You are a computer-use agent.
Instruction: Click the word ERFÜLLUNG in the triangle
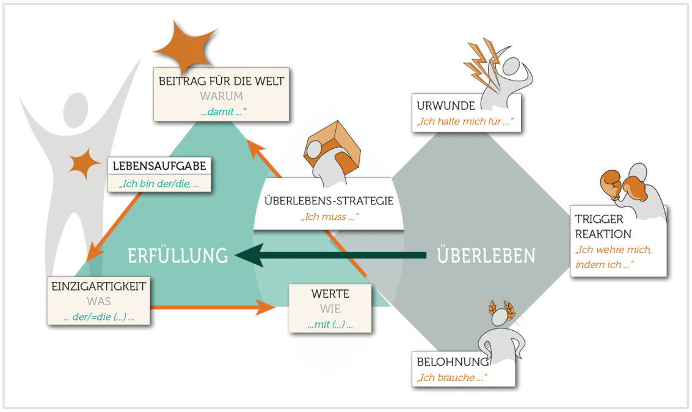click(x=177, y=255)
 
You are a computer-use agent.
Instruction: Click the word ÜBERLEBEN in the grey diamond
click(x=486, y=255)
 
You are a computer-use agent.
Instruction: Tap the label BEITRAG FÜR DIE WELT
click(x=221, y=81)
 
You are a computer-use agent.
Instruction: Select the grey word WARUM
click(x=221, y=96)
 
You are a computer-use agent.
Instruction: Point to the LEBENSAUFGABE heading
click(x=159, y=166)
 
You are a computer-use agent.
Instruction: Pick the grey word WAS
click(x=98, y=302)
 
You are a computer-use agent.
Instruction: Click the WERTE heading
click(x=330, y=294)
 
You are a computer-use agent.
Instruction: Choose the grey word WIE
click(x=330, y=309)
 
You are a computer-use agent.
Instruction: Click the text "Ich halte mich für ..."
click(x=462, y=122)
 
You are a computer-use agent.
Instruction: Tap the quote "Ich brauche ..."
click(x=452, y=378)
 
